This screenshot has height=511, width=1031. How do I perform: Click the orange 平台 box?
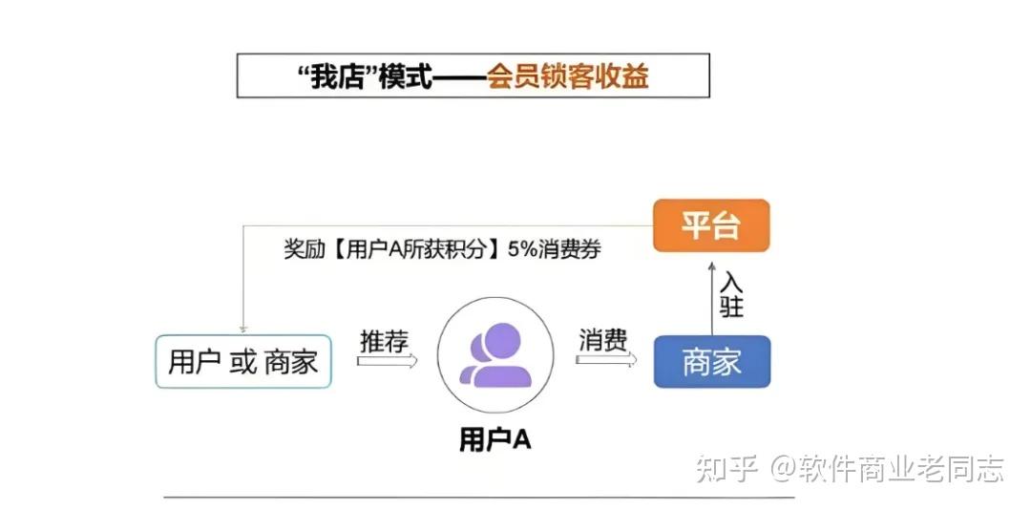711,225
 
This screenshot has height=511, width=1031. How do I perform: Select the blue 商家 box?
711,362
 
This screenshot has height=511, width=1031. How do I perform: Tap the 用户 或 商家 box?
243,361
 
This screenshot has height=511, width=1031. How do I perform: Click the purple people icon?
494,354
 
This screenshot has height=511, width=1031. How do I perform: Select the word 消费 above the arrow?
603,340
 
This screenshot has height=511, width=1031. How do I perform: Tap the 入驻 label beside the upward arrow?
731,295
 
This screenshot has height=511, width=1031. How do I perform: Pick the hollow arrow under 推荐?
388,361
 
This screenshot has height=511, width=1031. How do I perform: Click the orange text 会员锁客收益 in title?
568,76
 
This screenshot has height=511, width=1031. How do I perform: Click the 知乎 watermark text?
726,468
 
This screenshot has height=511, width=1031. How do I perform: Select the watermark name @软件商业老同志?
888,468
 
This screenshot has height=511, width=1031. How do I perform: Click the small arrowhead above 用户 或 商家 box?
243,328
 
